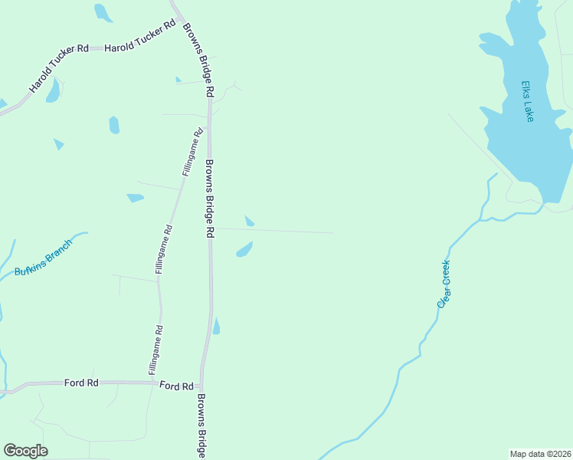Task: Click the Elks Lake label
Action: [x=526, y=101]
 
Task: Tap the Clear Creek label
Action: [x=444, y=284]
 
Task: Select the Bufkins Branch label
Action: [x=43, y=258]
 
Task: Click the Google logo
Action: [x=25, y=451]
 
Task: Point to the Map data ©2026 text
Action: [x=540, y=454]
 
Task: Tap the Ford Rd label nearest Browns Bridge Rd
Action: [x=176, y=386]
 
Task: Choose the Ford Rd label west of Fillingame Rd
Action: [x=81, y=382]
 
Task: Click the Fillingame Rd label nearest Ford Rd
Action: [x=156, y=350]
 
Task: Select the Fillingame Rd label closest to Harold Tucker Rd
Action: [x=192, y=153]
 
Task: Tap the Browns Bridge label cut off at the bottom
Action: [x=201, y=426]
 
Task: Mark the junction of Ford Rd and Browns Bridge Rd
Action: [x=201, y=386]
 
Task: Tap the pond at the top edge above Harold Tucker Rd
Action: [x=103, y=12]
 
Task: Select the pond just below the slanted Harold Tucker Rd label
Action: [x=53, y=91]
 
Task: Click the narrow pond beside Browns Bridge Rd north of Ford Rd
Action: [x=216, y=327]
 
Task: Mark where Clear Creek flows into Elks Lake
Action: [x=542, y=205]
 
